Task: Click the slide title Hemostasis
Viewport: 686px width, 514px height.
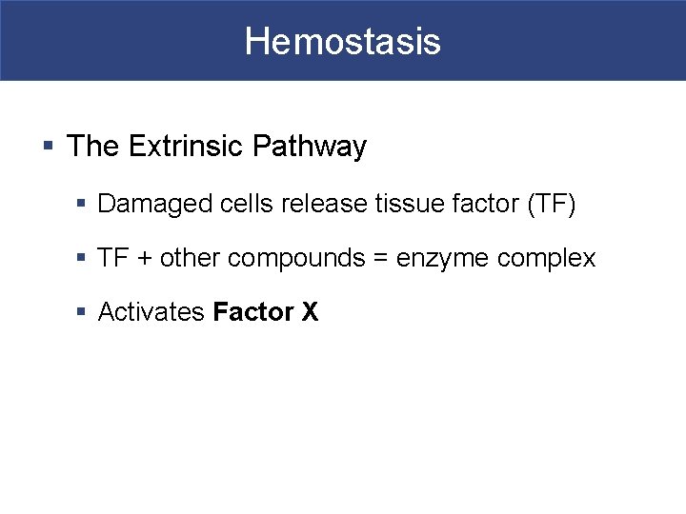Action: point(342,41)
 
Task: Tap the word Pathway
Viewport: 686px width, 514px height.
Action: point(310,147)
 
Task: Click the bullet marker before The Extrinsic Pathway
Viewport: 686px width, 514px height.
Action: point(49,147)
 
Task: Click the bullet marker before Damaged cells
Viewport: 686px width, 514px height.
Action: point(83,204)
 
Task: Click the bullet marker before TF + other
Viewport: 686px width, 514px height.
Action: point(83,258)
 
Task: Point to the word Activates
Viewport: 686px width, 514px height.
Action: point(151,312)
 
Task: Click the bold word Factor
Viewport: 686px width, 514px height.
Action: point(252,312)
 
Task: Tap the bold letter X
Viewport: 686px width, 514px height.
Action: point(310,312)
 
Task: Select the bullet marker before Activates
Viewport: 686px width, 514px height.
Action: point(83,312)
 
